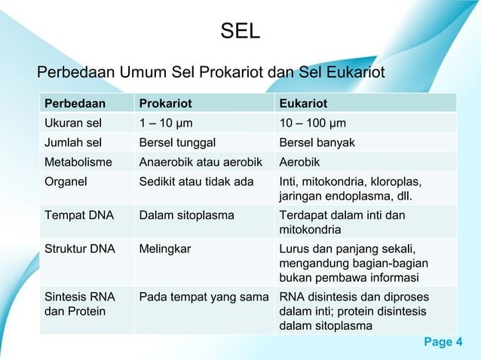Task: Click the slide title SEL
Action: click(240, 32)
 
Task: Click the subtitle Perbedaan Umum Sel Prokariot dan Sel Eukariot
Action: click(211, 73)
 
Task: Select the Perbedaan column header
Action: click(75, 103)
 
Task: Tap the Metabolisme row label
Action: click(78, 162)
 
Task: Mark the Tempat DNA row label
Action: click(78, 215)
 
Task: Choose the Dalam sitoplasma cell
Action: click(186, 215)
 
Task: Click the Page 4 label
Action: click(444, 343)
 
